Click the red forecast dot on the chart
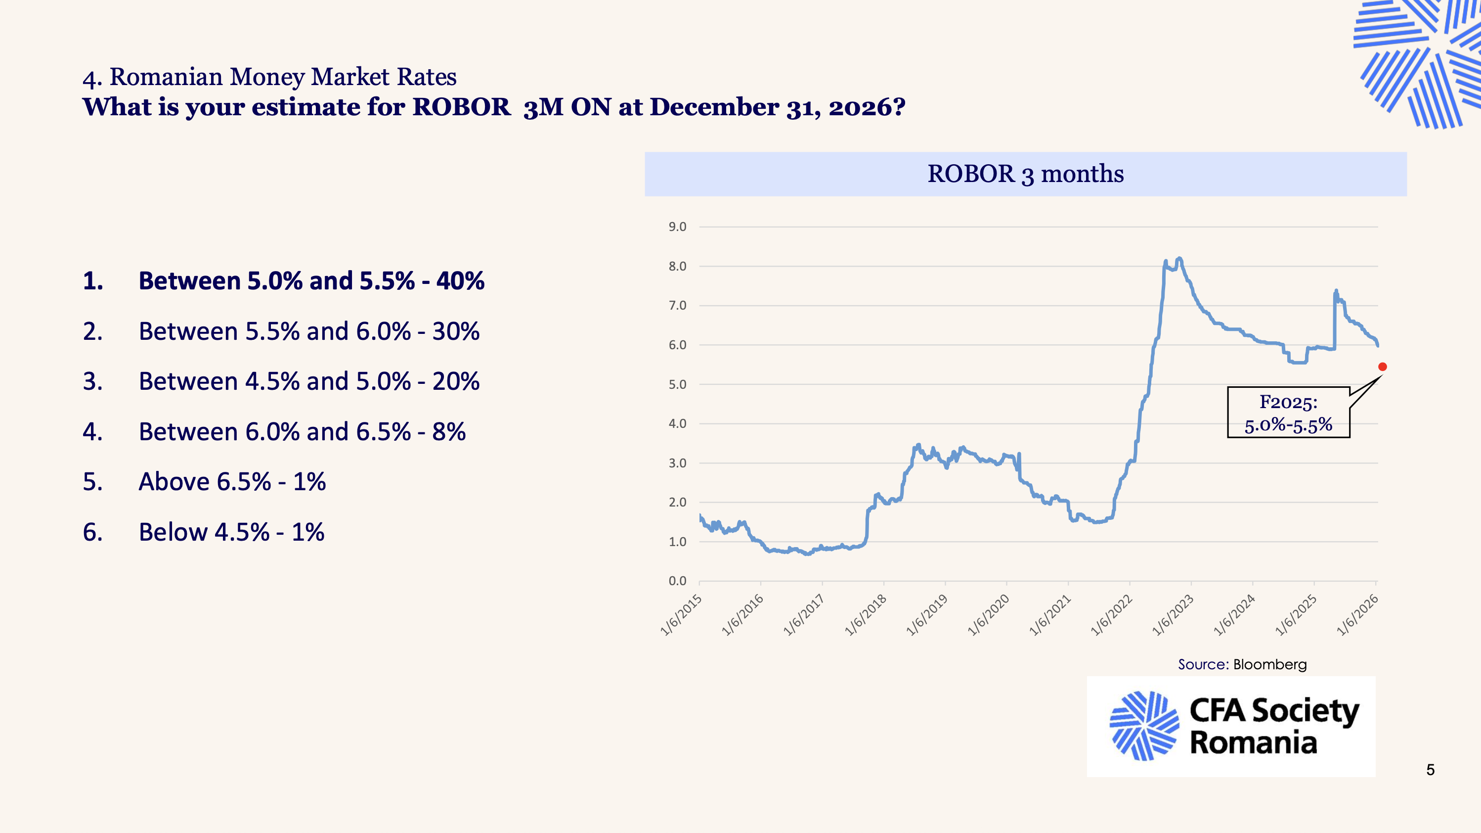(1383, 367)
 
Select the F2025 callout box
(1288, 413)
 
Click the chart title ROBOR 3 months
(1025, 174)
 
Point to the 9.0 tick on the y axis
(677, 227)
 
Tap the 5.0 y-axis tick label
(677, 384)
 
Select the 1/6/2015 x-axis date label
(682, 614)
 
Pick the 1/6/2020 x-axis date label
(989, 614)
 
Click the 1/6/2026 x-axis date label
(1358, 614)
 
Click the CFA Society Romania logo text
(1274, 726)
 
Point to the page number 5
(1431, 770)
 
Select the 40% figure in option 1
(460, 281)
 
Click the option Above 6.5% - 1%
(232, 481)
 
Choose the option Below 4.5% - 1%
(231, 532)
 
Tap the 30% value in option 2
(456, 331)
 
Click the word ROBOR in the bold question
(461, 107)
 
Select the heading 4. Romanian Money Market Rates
(269, 77)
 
